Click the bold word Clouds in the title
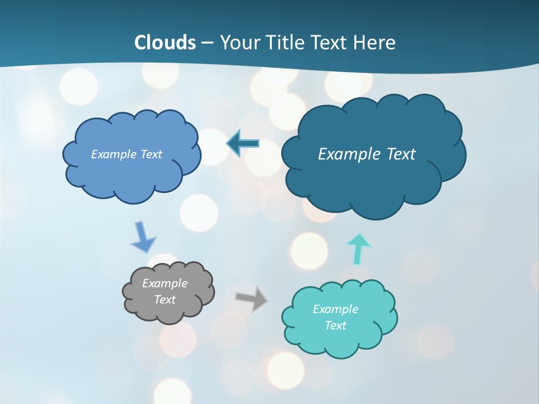click(x=165, y=43)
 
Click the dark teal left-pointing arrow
click(x=243, y=144)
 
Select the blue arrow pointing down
click(x=142, y=237)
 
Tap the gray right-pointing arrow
click(x=251, y=299)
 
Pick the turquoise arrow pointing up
click(x=359, y=249)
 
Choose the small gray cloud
click(x=168, y=292)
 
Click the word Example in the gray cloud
click(x=165, y=283)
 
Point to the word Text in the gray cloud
click(x=165, y=300)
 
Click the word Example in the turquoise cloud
click(x=335, y=309)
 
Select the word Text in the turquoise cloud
click(x=335, y=325)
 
